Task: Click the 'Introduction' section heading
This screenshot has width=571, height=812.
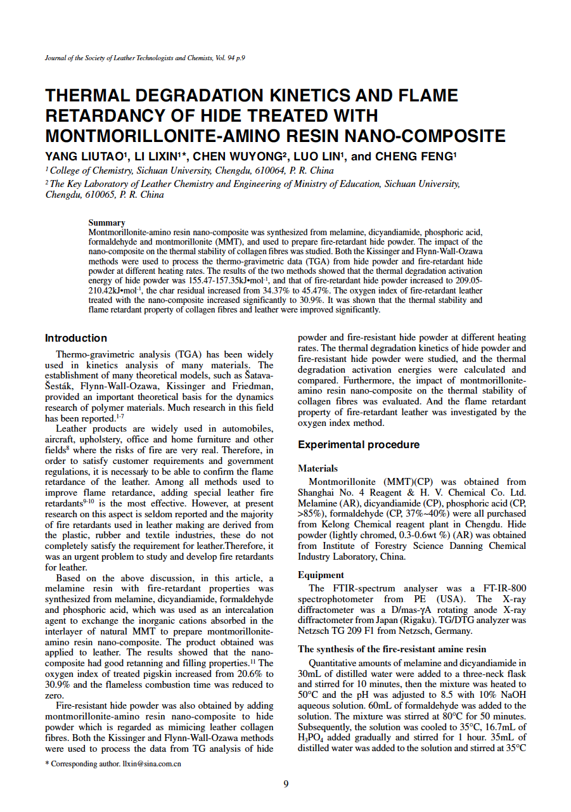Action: tap(76, 338)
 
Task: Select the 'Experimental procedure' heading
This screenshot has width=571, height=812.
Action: tap(359, 444)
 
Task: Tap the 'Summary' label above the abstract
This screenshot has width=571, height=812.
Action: tap(106, 222)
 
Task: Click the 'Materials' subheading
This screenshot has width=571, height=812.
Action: tap(318, 468)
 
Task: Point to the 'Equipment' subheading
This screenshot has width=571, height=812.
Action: tap(321, 575)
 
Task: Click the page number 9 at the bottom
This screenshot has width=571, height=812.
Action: tap(286, 784)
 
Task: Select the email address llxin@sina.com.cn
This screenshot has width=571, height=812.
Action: tap(151, 764)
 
